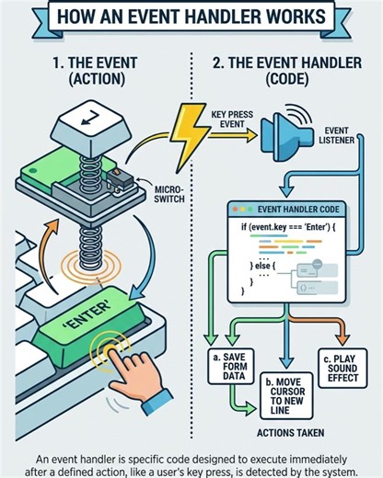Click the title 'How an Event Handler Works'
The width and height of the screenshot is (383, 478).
[191, 17]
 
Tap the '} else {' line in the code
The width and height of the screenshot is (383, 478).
[266, 265]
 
